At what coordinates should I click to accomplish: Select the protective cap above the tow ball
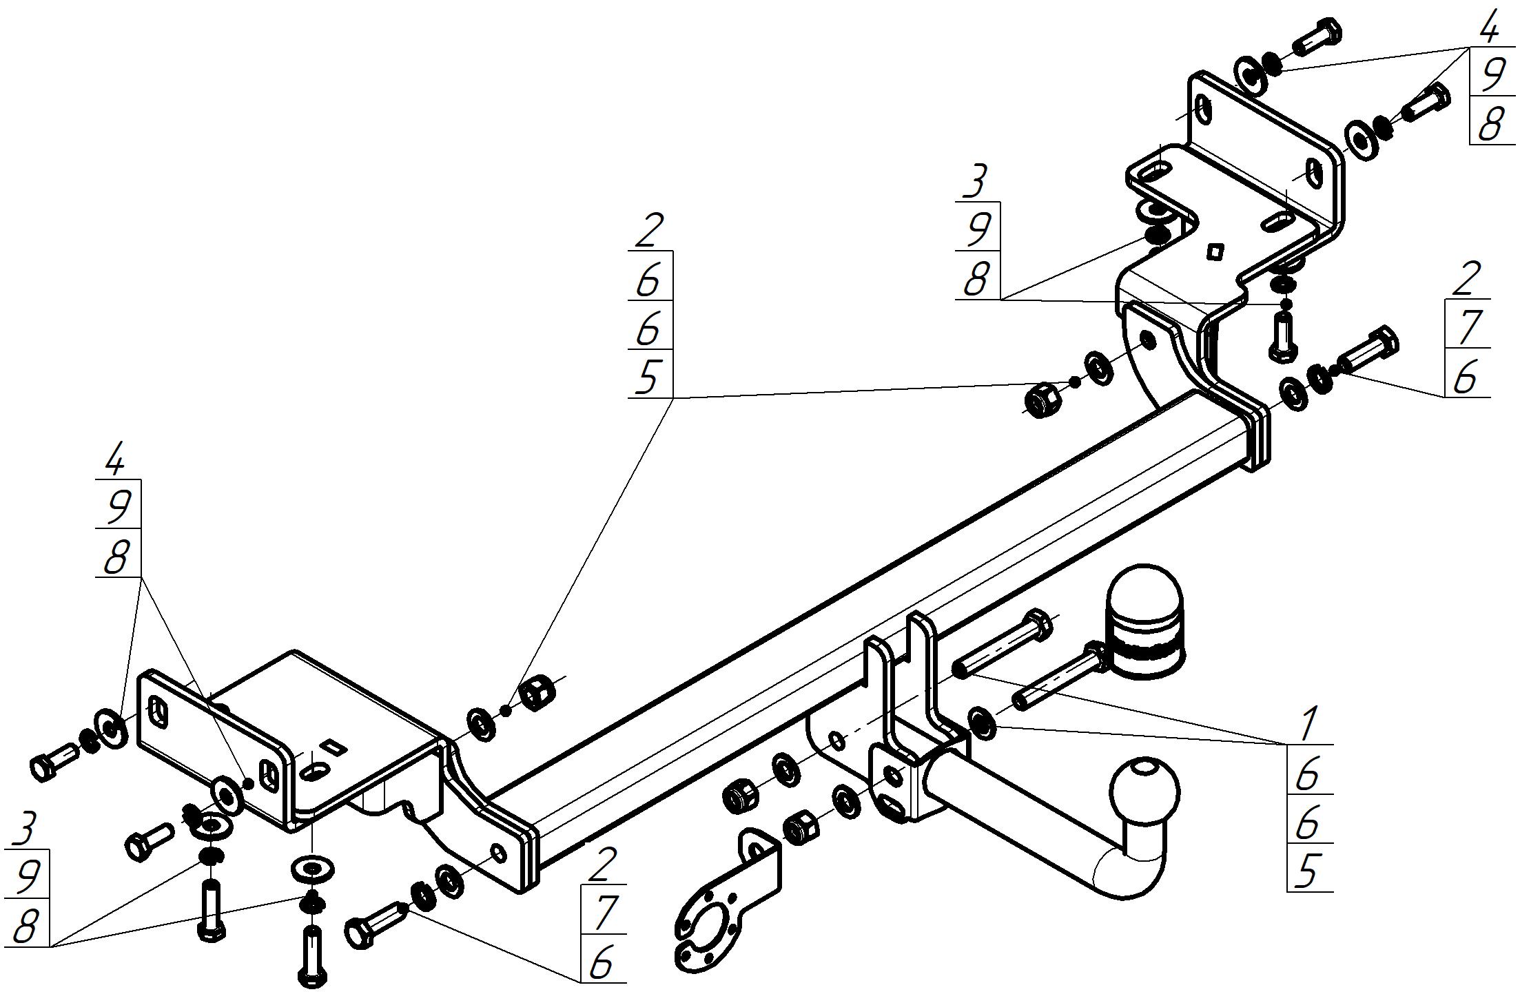pyautogui.click(x=1144, y=623)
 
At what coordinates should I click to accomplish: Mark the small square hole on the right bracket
pyautogui.click(x=1215, y=252)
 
